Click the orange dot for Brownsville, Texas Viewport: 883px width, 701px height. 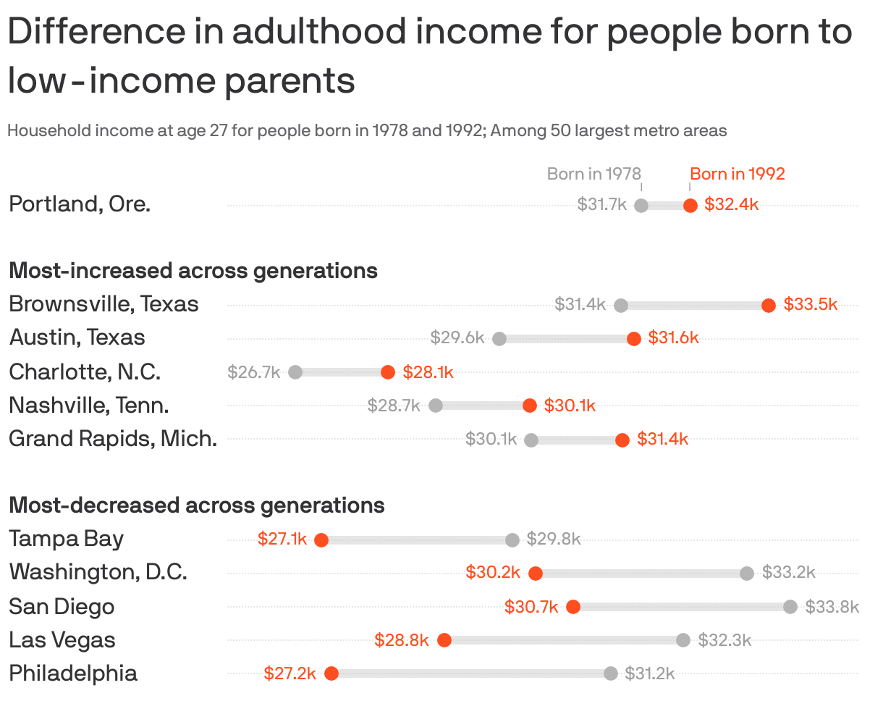769,306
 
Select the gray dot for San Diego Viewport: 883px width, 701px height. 790,607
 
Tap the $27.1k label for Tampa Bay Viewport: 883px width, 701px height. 282,540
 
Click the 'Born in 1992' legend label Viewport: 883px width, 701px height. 737,174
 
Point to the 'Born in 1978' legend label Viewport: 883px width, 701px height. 593,174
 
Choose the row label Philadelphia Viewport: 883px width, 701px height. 73,673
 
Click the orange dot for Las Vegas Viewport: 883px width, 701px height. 444,640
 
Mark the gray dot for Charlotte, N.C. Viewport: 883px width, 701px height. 295,372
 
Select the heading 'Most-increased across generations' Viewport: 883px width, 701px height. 193,271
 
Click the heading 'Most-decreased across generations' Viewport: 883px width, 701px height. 196,505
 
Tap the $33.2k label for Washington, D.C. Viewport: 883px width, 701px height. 788,573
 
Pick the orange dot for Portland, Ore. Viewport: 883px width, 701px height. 690,206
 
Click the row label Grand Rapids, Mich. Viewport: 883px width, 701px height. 113,439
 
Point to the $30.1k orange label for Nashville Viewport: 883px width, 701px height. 570,406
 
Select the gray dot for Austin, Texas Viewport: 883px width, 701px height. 499,338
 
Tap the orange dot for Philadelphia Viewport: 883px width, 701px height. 331,673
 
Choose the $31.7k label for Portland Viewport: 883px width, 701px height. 601,205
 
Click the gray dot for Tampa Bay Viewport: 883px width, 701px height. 512,540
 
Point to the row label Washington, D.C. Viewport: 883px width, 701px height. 98,573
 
